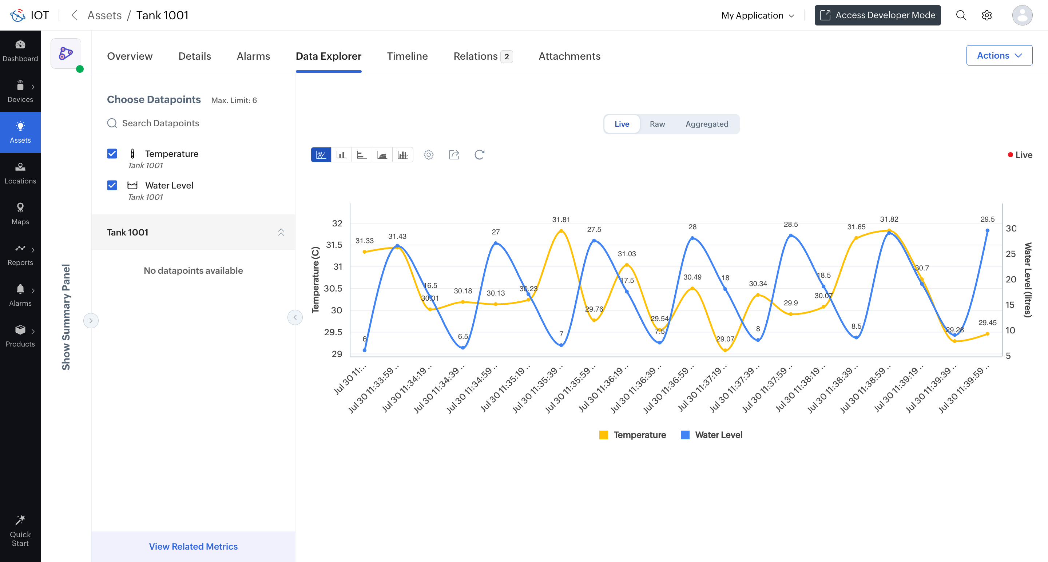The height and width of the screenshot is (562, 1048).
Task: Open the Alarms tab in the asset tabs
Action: coord(253,56)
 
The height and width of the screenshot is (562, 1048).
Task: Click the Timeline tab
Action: coord(407,56)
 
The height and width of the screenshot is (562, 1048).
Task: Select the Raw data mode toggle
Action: coord(657,124)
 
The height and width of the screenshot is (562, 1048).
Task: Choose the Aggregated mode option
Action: coord(707,124)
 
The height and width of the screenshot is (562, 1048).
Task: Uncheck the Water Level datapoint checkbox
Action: coord(112,185)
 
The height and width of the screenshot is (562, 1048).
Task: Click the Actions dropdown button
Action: coord(999,55)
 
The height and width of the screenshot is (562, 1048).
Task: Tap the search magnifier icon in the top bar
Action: coord(961,15)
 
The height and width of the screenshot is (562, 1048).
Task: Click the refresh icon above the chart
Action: coord(479,155)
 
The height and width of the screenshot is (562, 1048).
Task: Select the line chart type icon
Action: coord(321,155)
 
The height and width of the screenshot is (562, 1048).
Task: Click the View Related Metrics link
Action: coord(193,546)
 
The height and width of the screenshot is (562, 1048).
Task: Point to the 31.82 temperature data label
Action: coord(889,219)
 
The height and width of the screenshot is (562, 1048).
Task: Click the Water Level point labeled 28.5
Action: coord(790,235)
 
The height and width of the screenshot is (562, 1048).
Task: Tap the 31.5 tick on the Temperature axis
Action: coord(334,245)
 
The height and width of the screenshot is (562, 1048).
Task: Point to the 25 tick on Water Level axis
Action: coord(1011,254)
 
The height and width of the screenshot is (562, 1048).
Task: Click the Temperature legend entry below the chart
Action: coord(633,435)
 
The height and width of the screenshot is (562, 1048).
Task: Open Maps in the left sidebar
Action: coord(20,214)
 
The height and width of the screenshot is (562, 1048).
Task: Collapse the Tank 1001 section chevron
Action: coord(281,232)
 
